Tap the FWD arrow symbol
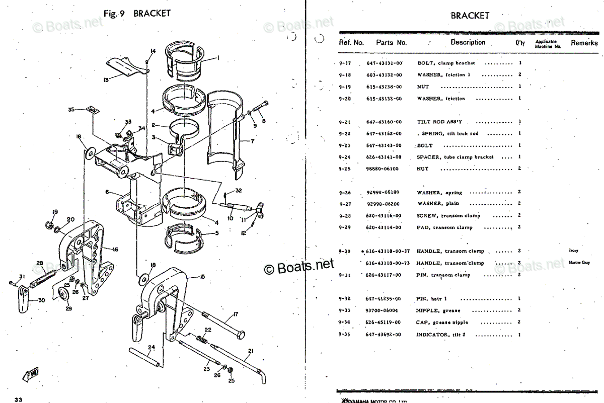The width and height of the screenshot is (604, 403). [31, 374]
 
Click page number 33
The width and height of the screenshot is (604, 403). [19, 399]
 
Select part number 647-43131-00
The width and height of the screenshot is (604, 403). [384, 63]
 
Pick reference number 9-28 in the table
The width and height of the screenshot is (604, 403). [345, 216]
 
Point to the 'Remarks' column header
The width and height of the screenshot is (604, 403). [584, 43]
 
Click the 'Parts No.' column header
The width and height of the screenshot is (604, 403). [391, 43]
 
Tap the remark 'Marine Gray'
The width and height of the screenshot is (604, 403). [578, 262]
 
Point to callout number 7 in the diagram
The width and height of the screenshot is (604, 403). [253, 141]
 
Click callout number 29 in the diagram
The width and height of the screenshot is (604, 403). [68, 308]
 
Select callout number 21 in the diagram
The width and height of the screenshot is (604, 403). [251, 351]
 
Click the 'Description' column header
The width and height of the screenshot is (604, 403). [468, 43]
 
